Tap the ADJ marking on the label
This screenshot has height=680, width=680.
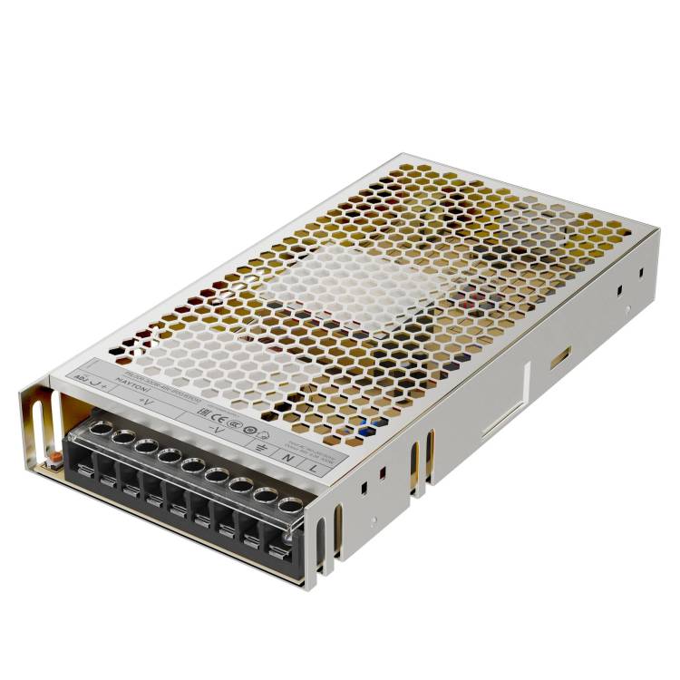pos(81,375)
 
